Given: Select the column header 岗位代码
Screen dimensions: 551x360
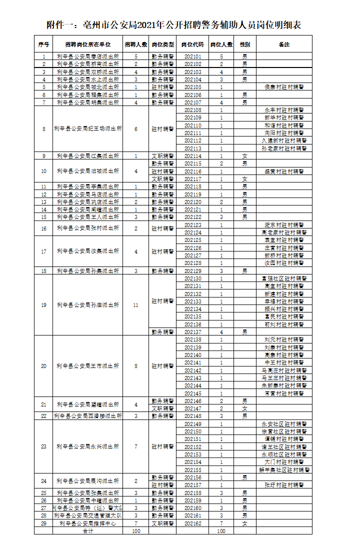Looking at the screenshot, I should pyautogui.click(x=192, y=44).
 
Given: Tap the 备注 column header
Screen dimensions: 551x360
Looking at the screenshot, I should pyautogui.click(x=284, y=44).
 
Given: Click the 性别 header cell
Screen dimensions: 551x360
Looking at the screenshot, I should pyautogui.click(x=245, y=44).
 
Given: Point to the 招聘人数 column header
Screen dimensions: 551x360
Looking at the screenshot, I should pyautogui.click(x=136, y=44).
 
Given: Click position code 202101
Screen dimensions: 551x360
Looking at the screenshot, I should pyautogui.click(x=192, y=57).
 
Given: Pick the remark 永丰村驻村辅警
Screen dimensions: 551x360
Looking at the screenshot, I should pyautogui.click(x=284, y=110).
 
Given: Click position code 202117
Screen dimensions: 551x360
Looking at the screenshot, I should pyautogui.click(x=192, y=179).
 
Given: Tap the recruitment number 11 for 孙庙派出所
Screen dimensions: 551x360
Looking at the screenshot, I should pyautogui.click(x=136, y=305).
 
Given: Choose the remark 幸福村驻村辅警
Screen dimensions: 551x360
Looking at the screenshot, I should pyautogui.click(x=284, y=301).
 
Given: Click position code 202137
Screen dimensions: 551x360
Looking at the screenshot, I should pyautogui.click(x=192, y=332).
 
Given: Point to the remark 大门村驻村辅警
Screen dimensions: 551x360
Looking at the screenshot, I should pyautogui.click(x=284, y=462).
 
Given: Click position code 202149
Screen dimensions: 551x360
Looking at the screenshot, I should pyautogui.click(x=192, y=424).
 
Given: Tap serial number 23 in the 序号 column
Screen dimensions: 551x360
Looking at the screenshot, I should pyautogui.click(x=43, y=446).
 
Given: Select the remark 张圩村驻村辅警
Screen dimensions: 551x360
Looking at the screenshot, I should pyautogui.click(x=284, y=485).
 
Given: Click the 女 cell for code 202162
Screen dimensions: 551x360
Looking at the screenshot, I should pyautogui.click(x=245, y=523).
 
